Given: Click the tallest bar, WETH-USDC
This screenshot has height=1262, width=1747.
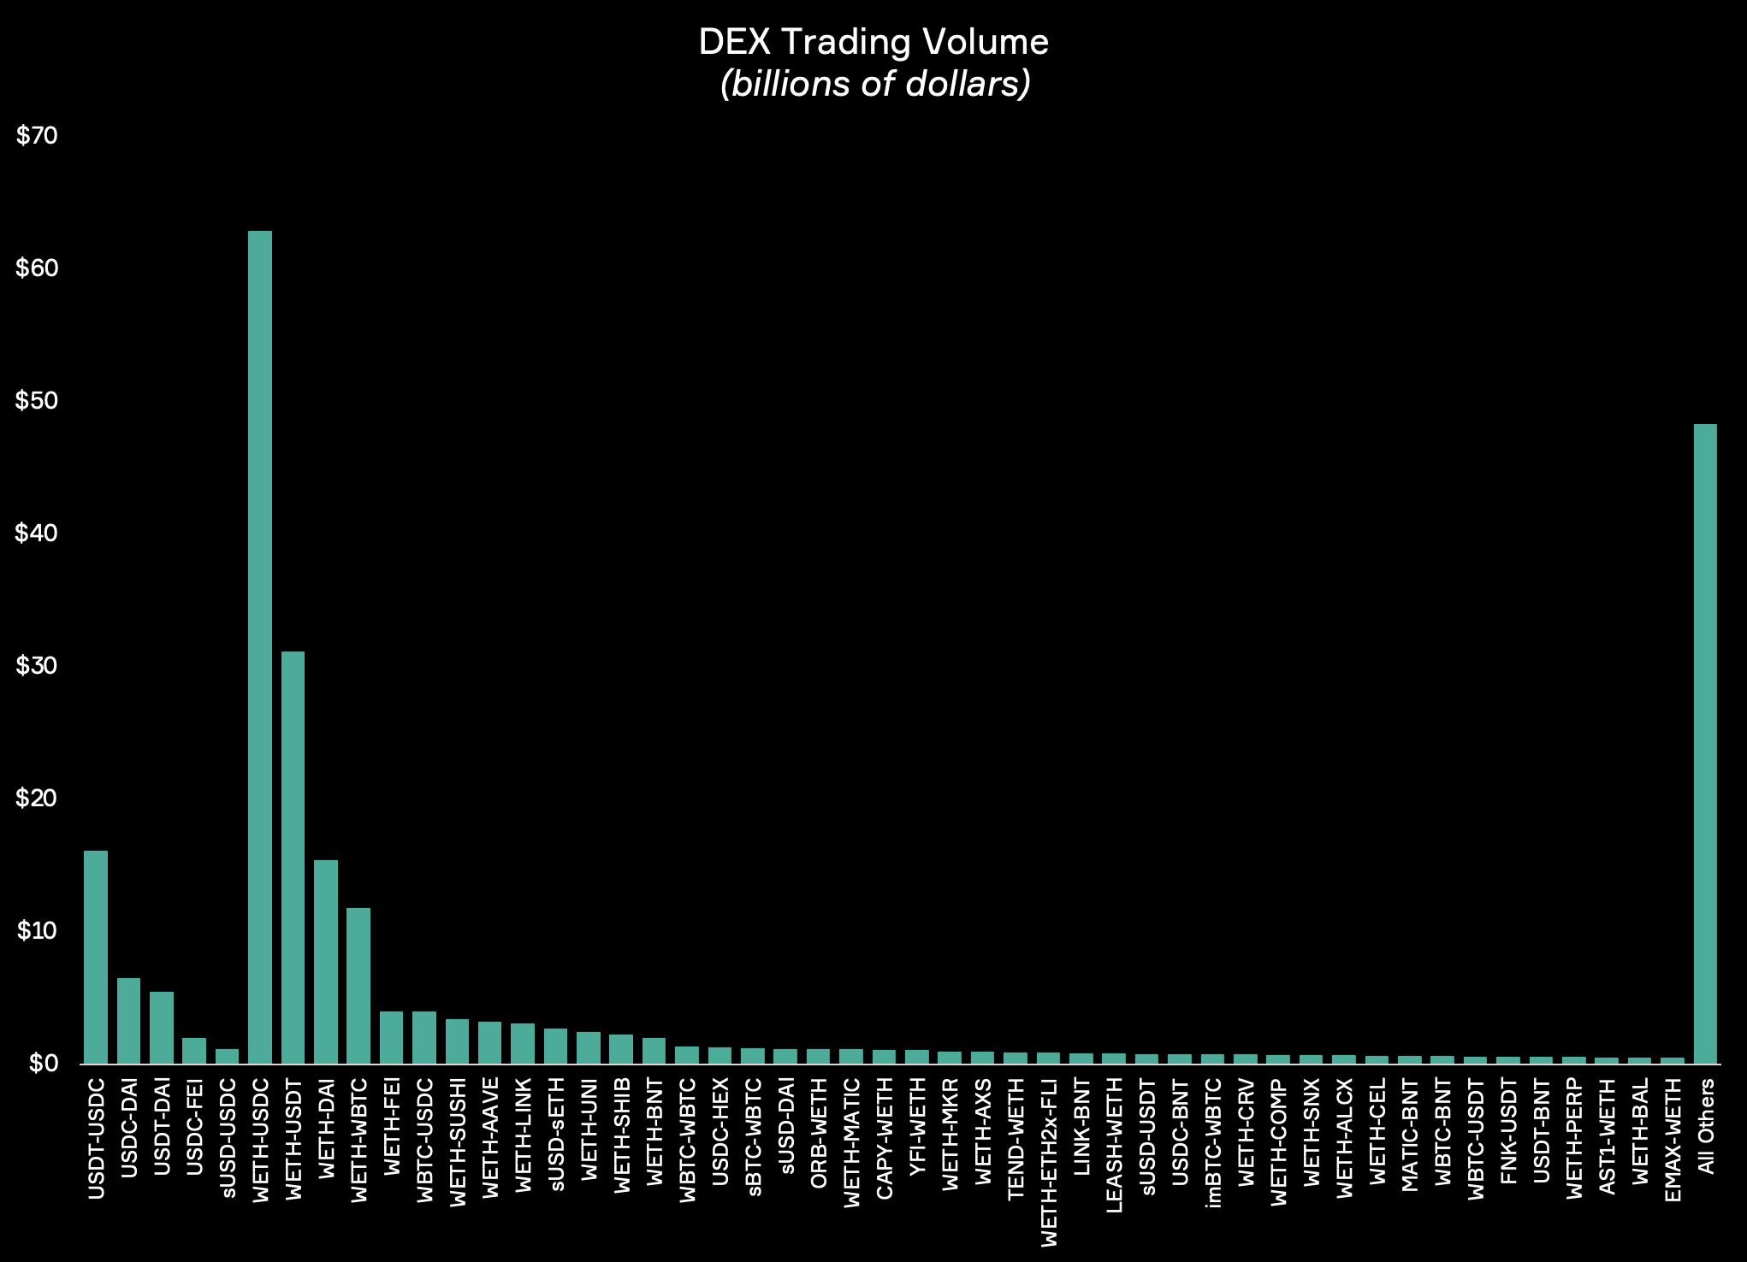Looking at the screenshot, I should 260,646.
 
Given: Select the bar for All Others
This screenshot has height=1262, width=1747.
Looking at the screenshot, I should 1705,743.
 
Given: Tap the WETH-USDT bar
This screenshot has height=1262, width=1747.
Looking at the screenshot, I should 293,857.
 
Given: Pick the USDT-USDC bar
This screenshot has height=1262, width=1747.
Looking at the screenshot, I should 96,956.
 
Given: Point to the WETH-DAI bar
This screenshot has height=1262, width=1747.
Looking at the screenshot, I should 326,961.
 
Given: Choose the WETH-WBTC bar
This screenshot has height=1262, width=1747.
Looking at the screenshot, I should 358,985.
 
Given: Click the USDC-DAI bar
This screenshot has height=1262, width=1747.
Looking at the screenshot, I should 128,1020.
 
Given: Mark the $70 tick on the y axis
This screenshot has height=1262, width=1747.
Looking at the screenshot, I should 37,136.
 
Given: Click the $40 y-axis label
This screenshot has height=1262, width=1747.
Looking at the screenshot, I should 37,534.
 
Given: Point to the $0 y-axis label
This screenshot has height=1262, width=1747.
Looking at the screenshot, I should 43,1064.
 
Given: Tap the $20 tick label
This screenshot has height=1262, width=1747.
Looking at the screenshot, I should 37,799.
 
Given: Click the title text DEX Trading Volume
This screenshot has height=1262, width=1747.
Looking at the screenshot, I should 873,42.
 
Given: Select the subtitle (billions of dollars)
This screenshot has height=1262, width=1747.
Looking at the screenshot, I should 875,84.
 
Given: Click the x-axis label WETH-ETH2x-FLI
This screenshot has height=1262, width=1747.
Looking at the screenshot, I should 1050,1162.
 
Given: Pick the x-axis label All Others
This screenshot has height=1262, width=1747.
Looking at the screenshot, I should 1706,1126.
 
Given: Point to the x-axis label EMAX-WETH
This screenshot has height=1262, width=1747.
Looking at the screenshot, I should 1673,1140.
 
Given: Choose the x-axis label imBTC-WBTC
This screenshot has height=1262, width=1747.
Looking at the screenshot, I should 1213,1143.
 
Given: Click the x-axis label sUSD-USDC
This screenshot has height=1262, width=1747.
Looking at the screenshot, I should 228,1138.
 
